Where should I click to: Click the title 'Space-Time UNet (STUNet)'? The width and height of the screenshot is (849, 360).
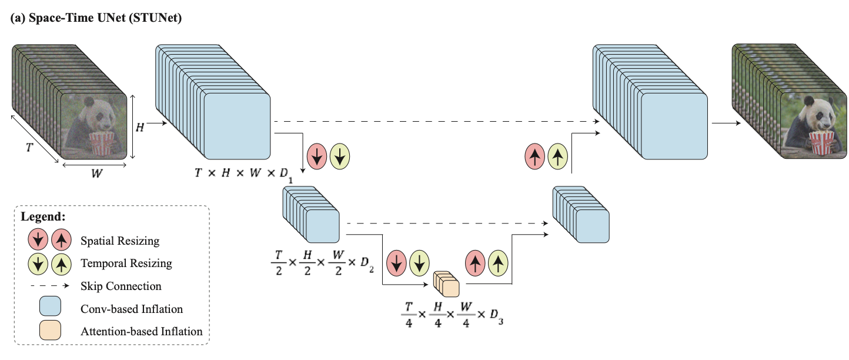pos(105,18)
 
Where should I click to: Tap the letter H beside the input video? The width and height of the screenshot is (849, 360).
pos(140,128)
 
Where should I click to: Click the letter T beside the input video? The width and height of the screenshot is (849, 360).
pos(29,147)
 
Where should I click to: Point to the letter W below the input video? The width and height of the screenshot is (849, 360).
pos(96,174)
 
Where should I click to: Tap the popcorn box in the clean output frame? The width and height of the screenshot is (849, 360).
pos(822,143)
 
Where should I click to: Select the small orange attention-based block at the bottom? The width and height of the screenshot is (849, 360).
pos(446,284)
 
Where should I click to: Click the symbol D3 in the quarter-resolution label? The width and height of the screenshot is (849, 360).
pos(496,316)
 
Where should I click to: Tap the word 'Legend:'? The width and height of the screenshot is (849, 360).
pos(43,216)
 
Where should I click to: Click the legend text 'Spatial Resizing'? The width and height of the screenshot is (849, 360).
pos(120,241)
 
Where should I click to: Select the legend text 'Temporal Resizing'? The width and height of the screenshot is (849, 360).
pos(126,264)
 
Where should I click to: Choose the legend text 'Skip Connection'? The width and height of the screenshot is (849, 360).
pos(121,286)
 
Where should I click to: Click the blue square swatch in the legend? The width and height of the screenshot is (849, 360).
pos(50,306)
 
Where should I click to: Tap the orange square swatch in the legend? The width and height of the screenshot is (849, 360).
pos(50,330)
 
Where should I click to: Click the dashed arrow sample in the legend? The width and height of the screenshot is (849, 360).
pos(49,286)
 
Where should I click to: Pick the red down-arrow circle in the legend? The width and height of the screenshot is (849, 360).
pos(38,240)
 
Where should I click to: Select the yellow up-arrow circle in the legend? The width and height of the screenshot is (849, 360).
pos(61,264)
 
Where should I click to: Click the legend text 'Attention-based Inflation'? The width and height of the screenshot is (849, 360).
pos(141,332)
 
